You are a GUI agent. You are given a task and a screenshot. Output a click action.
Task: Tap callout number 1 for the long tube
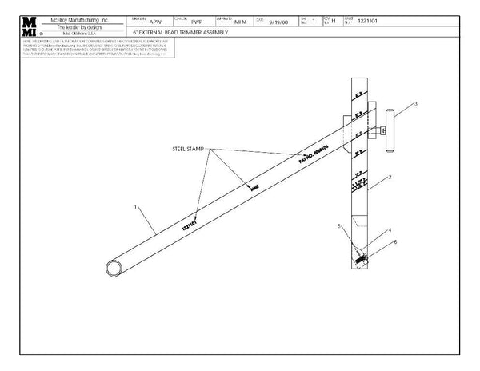136,207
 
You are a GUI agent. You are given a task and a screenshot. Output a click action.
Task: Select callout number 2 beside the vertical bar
389,175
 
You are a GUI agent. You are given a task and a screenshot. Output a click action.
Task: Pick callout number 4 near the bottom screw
339,226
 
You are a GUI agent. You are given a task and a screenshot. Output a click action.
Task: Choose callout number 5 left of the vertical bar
394,241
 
